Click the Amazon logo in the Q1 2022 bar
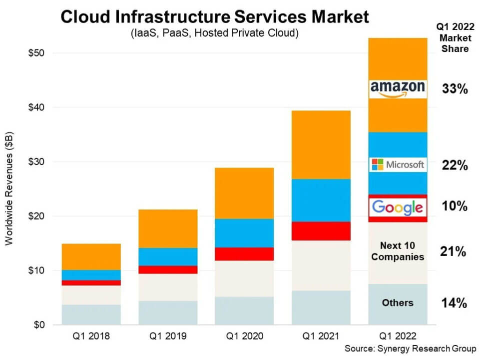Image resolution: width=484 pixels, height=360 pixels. click(x=398, y=88)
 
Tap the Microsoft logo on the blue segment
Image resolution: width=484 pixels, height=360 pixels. click(x=398, y=164)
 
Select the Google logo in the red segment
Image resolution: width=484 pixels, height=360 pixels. click(x=398, y=206)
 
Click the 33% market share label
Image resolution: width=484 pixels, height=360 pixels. click(x=455, y=89)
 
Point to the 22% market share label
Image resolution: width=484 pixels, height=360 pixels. click(x=455, y=165)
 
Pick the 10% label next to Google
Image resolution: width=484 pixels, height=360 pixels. click(x=455, y=206)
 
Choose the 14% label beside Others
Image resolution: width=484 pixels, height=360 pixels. click(x=454, y=303)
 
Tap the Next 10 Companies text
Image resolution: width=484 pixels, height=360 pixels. click(x=398, y=251)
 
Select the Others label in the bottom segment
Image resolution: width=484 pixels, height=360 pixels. click(x=398, y=302)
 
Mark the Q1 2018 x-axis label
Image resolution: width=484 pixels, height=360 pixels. click(x=91, y=336)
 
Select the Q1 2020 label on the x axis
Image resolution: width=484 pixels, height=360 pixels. click(x=245, y=336)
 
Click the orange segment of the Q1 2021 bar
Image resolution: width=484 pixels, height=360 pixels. click(x=321, y=144)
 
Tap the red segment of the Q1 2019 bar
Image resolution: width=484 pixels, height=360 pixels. click(x=168, y=269)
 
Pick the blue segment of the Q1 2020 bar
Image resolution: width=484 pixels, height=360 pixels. click(x=245, y=232)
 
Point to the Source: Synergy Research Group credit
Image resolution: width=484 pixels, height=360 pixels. click(x=410, y=348)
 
